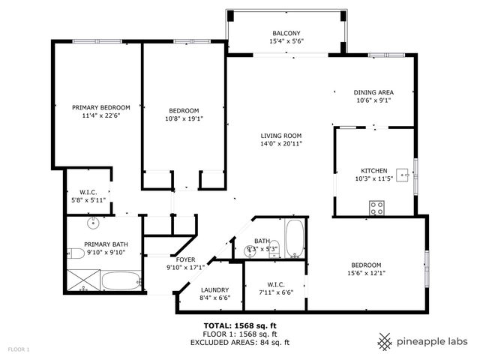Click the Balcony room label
pyautogui.click(x=286, y=33)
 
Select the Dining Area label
pyautogui.click(x=373, y=92)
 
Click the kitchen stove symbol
pyautogui.click(x=376, y=207)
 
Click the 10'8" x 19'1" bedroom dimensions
pyautogui.click(x=184, y=118)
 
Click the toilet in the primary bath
pyautogui.click(x=75, y=253)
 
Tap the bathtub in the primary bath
pyautogui.click(x=120, y=282)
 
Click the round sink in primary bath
pyautogui.click(x=93, y=223)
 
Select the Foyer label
pyautogui.click(x=185, y=259)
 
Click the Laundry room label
pyautogui.click(x=215, y=290)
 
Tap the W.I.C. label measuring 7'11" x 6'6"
pyautogui.click(x=275, y=284)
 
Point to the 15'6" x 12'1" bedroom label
pyautogui.click(x=366, y=265)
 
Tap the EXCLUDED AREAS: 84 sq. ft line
pyautogui.click(x=241, y=342)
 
